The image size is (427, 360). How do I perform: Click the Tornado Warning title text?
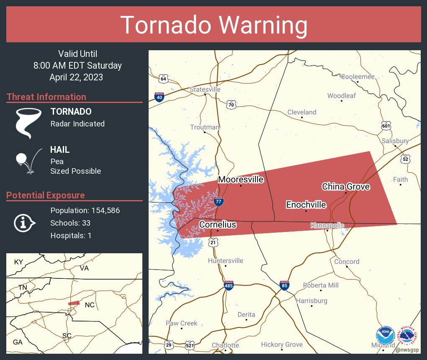[x=214, y=25]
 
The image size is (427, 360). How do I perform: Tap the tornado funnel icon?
[x=28, y=123]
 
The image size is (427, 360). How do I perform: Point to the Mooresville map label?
[x=241, y=180]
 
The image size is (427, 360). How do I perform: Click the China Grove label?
[x=345, y=187]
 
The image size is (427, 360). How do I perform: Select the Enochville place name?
[x=306, y=205]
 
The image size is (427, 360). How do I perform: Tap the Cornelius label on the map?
[x=218, y=225]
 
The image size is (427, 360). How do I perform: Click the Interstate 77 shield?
[x=218, y=202]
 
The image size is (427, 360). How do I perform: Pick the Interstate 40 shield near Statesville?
[x=159, y=97]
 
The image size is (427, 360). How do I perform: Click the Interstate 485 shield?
[x=229, y=285]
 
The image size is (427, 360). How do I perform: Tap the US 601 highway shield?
[x=386, y=126]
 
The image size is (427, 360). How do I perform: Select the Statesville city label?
[x=205, y=90]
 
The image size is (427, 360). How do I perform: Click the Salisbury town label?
[x=395, y=141]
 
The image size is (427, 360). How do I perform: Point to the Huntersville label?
[x=225, y=261]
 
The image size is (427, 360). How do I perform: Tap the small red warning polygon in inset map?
[x=74, y=303]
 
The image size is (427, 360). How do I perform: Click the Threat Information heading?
[x=46, y=97]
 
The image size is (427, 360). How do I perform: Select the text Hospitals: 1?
[x=71, y=235]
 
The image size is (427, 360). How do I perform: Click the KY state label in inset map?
[x=18, y=262]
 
